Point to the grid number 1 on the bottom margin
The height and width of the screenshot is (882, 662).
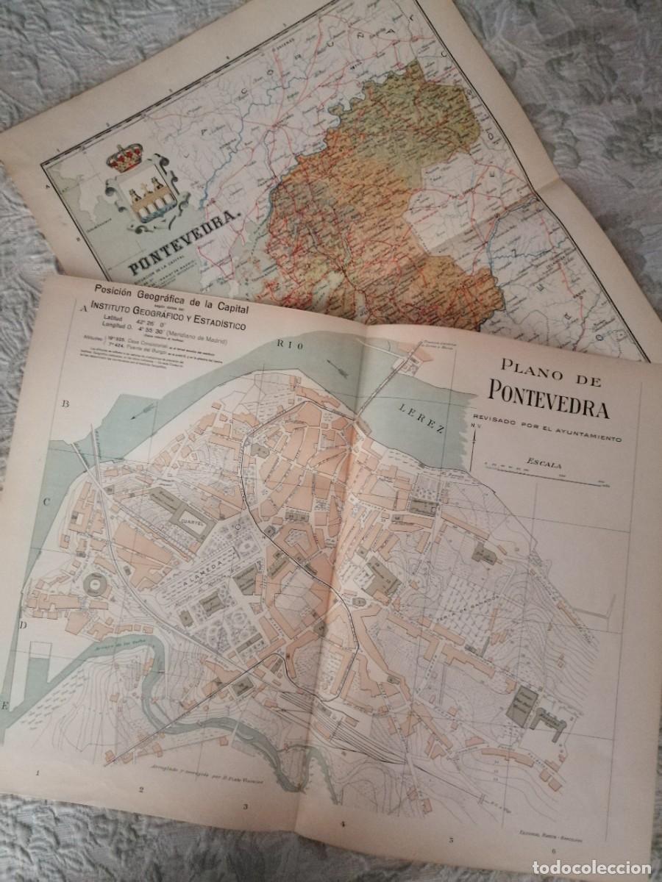point(37,773)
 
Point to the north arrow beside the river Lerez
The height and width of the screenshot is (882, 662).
point(476,441)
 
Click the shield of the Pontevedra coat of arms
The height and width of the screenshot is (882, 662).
point(145,197)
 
